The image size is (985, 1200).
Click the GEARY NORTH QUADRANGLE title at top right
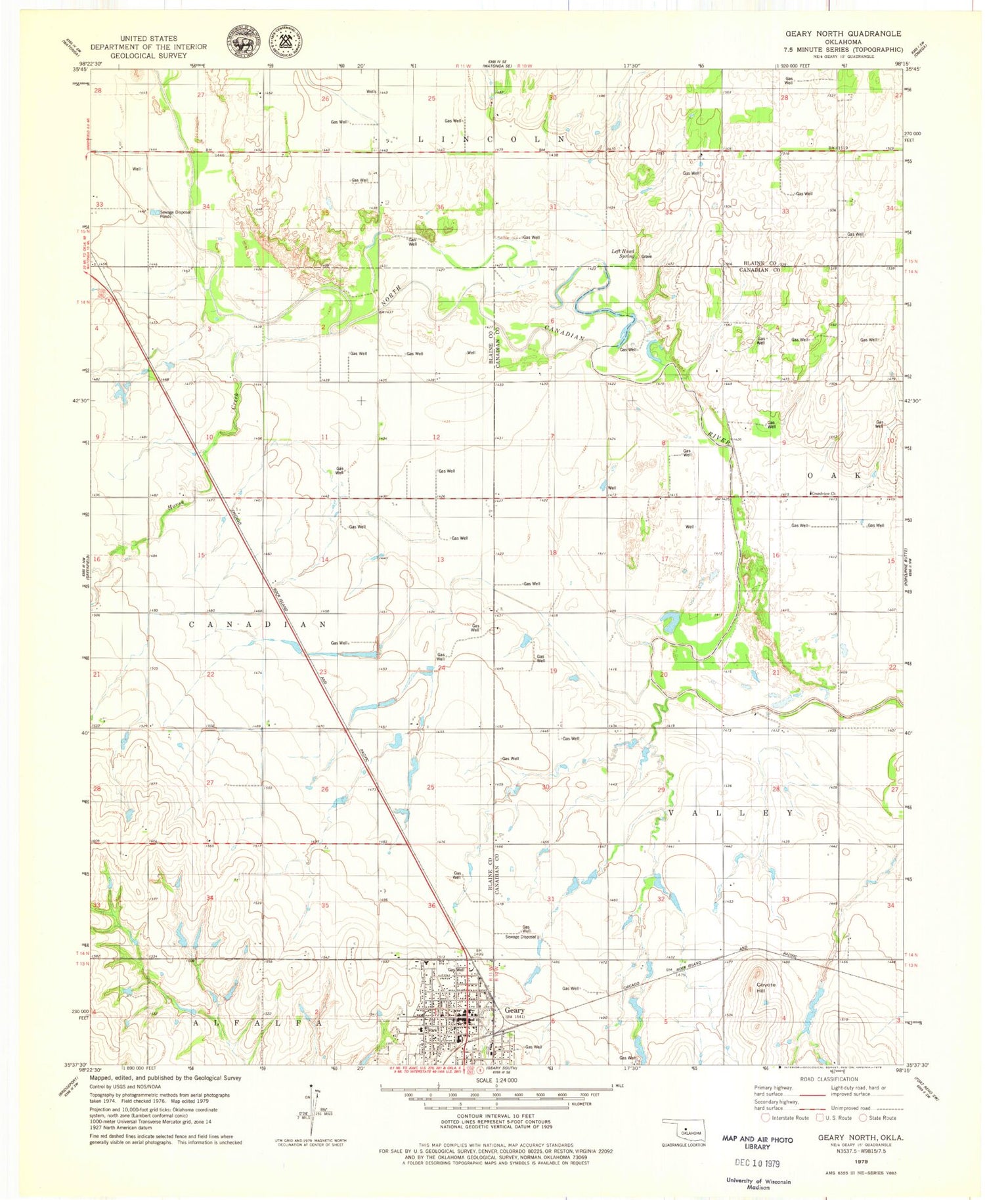843,33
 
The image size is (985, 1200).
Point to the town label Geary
514,1010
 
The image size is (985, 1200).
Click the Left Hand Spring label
623,253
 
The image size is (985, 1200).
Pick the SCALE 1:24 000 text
496,1080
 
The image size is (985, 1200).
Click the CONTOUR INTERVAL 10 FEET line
496,1115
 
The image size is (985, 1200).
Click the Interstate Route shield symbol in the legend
765,1117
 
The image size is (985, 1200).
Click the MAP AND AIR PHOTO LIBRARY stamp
757,1143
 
